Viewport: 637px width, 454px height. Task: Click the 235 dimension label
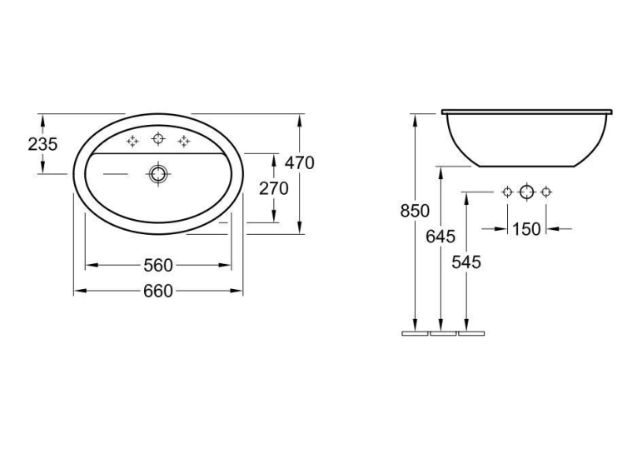[42, 144]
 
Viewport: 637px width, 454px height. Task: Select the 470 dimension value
[300, 163]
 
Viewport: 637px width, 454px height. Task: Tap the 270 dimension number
[274, 188]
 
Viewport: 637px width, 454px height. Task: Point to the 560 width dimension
[158, 266]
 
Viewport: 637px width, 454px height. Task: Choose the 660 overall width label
[158, 291]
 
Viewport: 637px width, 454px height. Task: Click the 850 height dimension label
[415, 211]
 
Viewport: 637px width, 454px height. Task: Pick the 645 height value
[440, 236]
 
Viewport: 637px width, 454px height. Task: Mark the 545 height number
[466, 262]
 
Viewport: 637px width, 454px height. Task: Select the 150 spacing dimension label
[526, 229]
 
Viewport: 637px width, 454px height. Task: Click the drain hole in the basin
[158, 174]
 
